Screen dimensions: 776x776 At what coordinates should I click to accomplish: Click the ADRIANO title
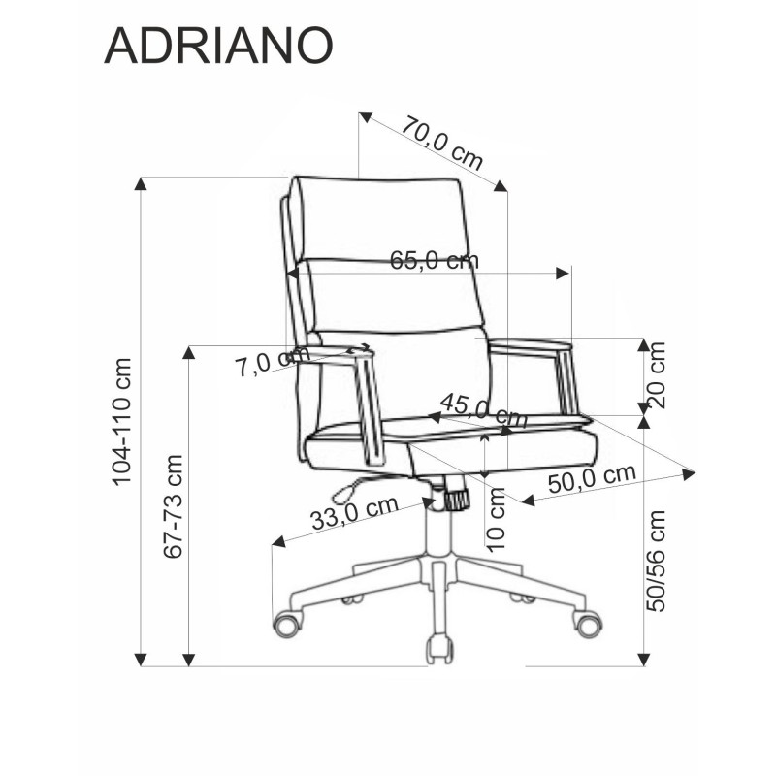(218, 46)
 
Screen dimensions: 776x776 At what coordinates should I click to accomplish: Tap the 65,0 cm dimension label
(434, 260)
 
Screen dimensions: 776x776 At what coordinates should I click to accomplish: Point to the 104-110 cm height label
(122, 422)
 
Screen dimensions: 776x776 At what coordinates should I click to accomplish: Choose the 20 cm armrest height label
(657, 374)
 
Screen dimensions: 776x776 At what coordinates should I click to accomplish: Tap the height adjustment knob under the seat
(454, 498)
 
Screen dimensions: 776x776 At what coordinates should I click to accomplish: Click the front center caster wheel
(439, 647)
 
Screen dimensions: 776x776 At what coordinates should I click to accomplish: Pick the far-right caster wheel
(586, 622)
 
